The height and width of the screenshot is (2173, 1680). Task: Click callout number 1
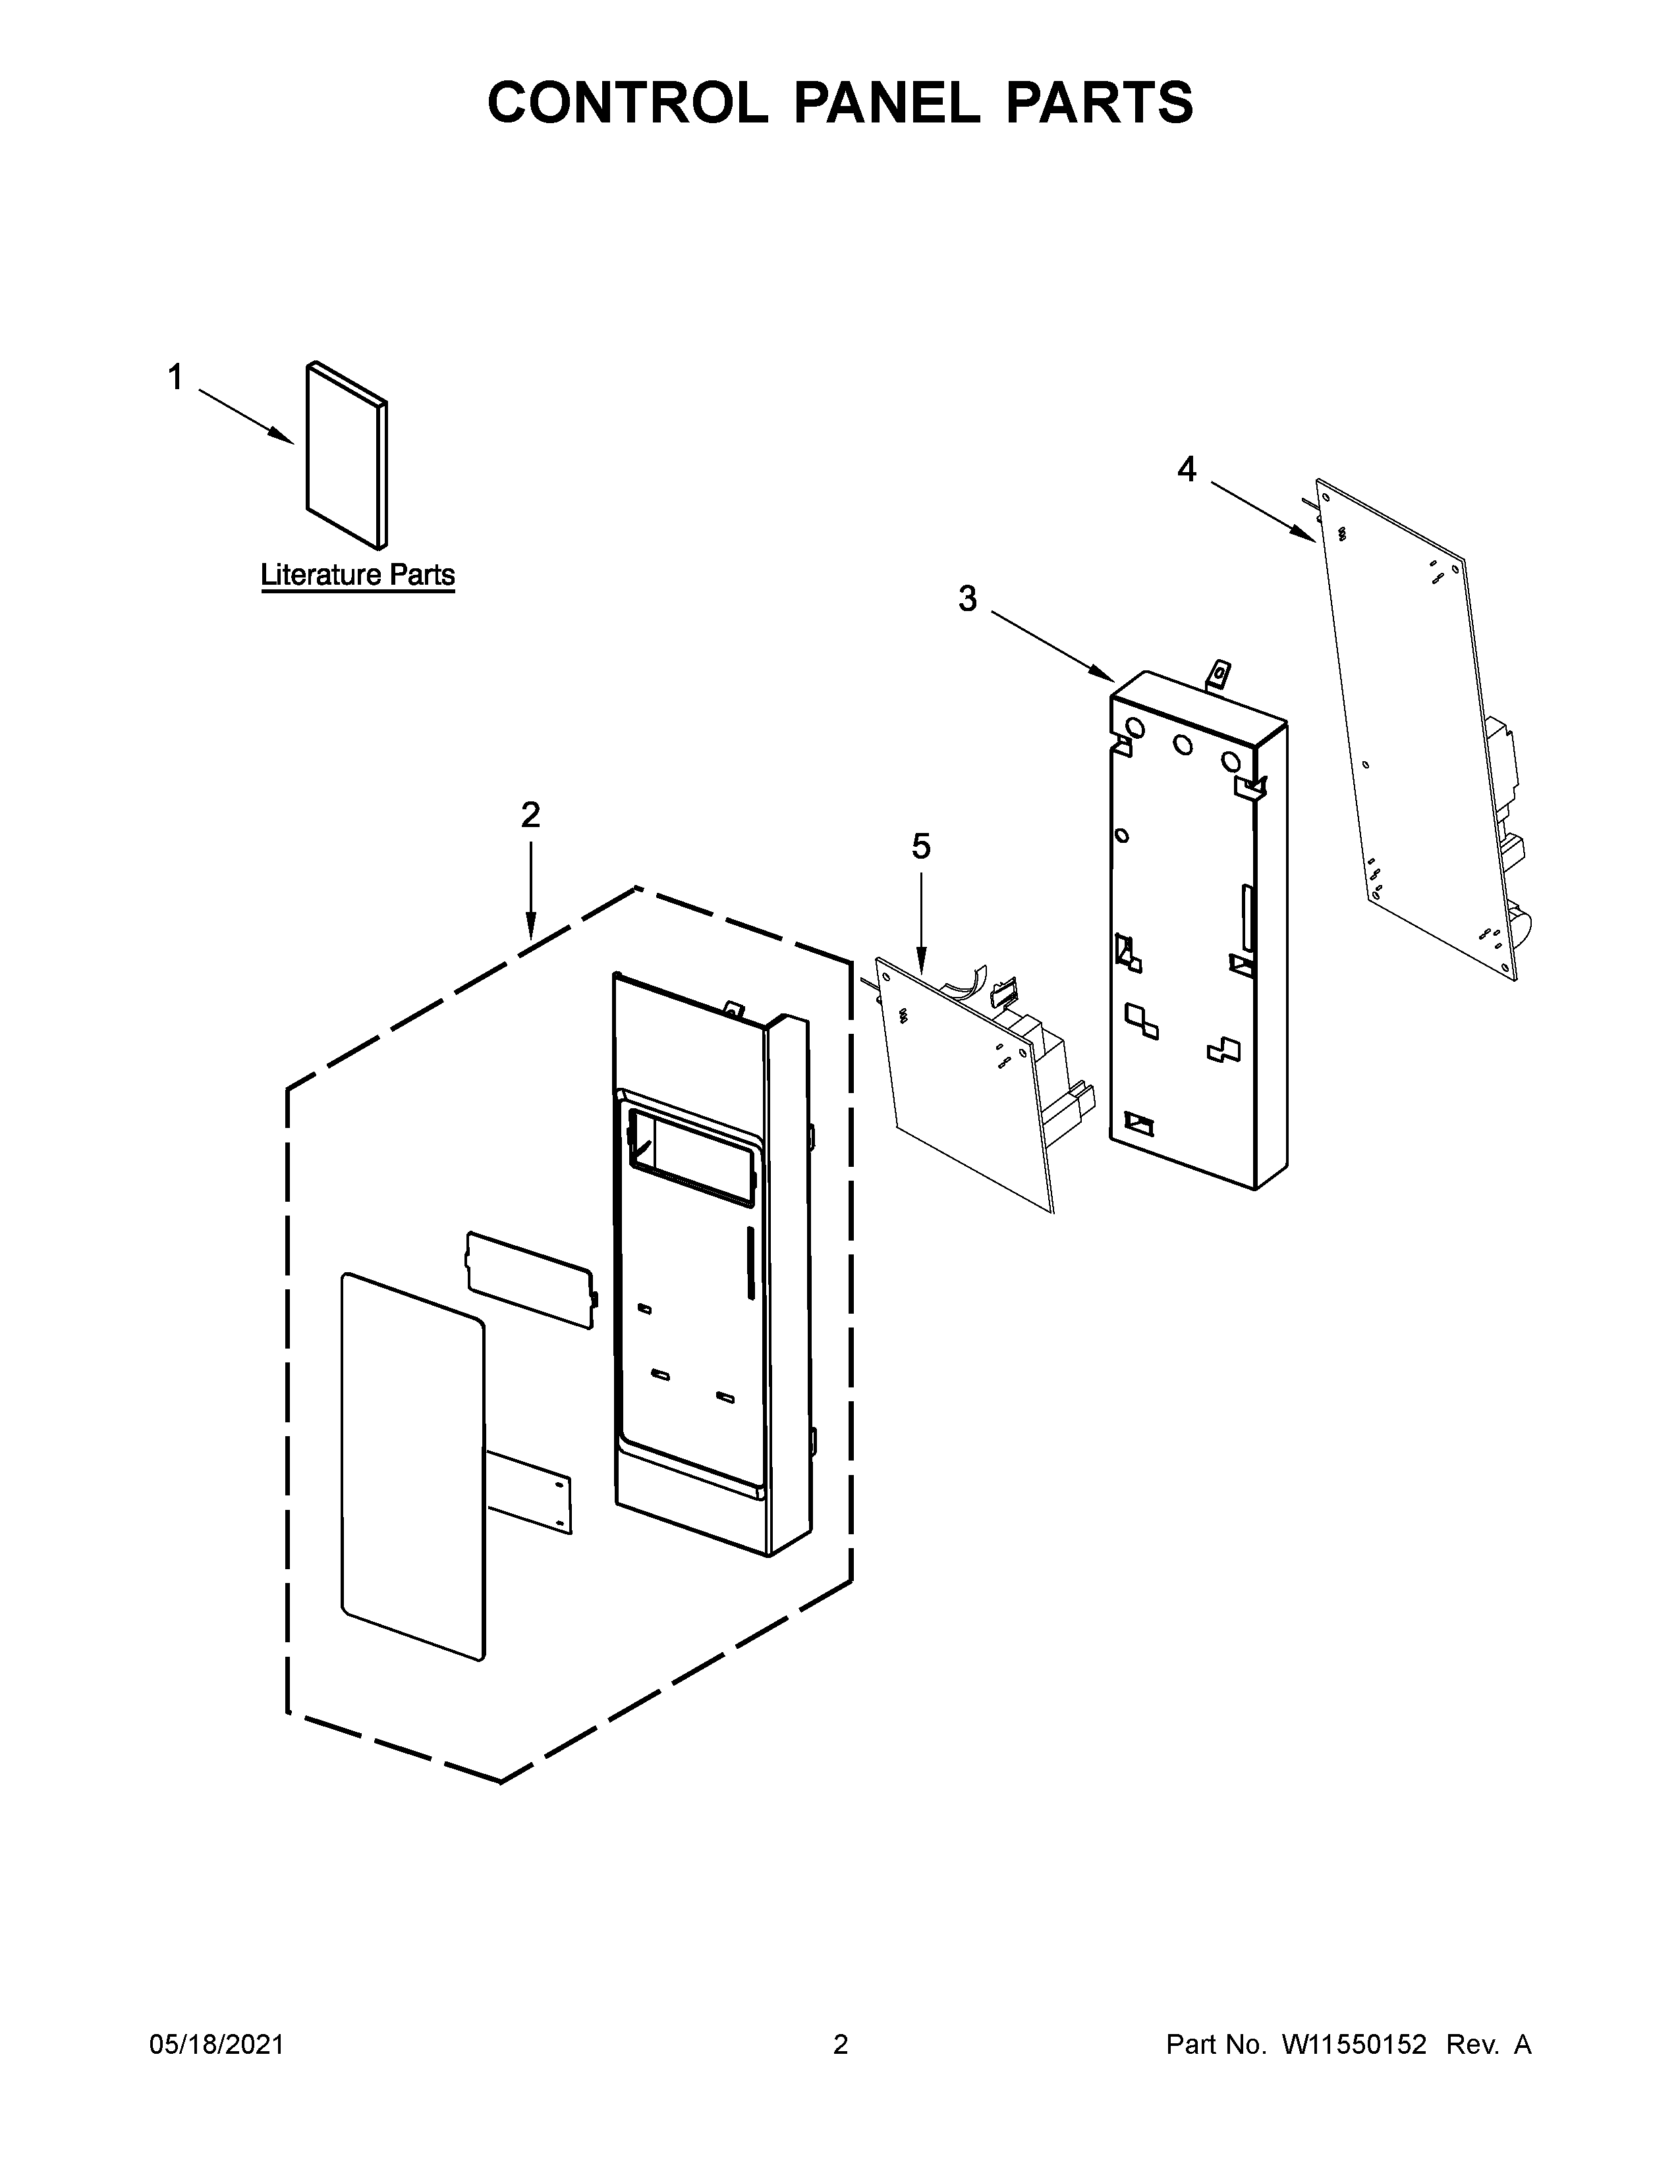point(175,377)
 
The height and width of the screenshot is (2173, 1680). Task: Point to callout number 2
point(530,815)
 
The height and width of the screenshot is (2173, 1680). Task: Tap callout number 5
point(920,847)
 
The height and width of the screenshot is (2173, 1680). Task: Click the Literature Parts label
point(357,575)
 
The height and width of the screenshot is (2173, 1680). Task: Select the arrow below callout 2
point(530,890)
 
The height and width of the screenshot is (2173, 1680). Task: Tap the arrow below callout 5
point(920,921)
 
